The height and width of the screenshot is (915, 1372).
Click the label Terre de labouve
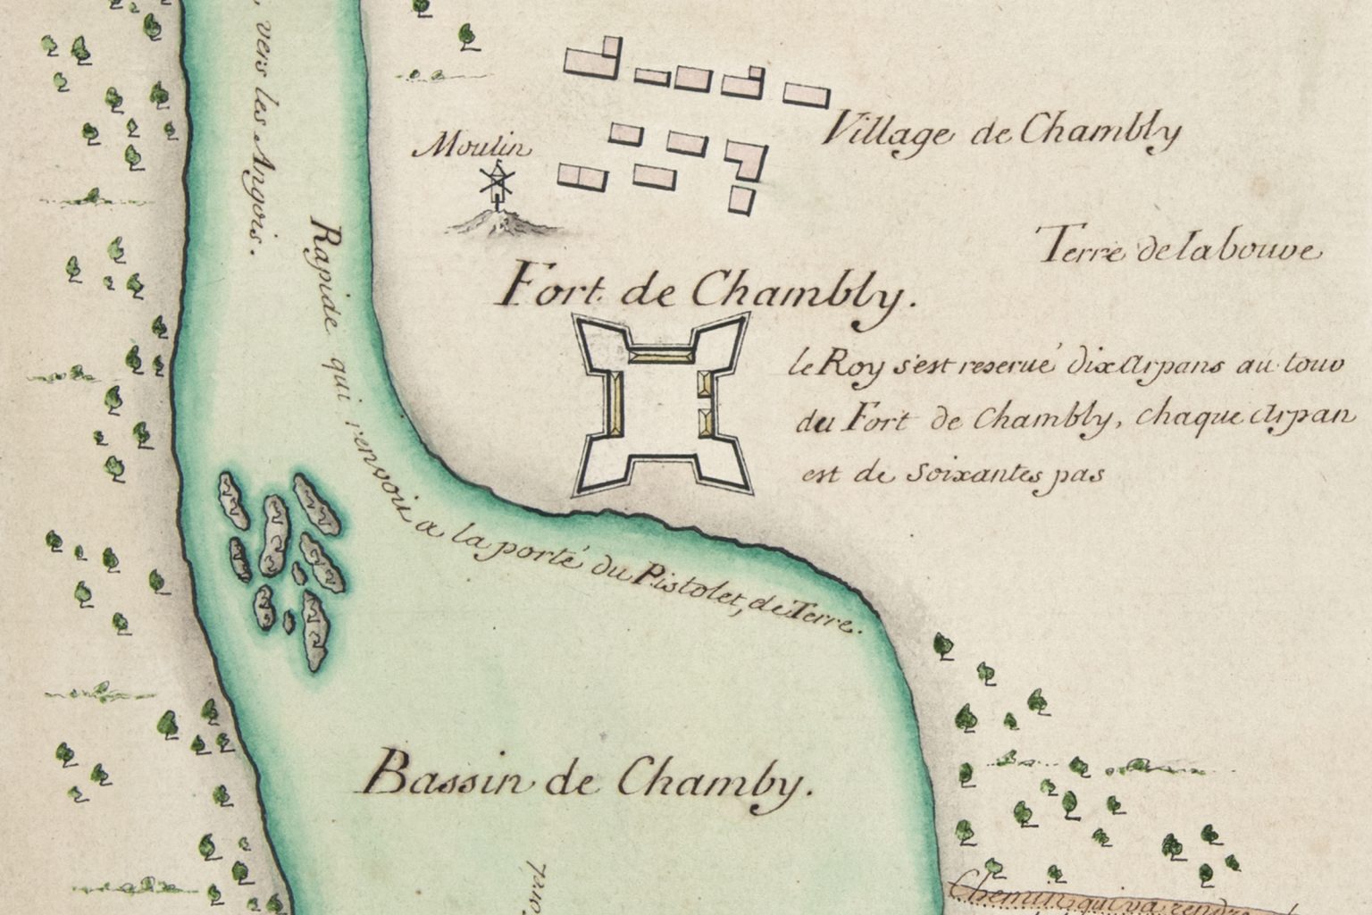tap(1179, 249)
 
